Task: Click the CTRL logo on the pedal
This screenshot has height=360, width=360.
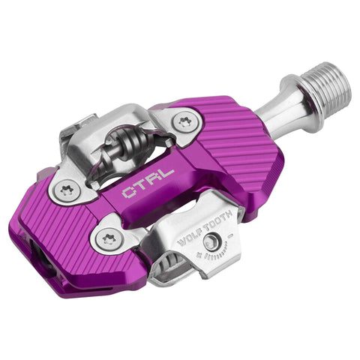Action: coord(148,183)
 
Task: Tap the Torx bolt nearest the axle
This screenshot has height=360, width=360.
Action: coord(184,121)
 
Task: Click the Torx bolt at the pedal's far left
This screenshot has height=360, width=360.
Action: coord(67,190)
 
